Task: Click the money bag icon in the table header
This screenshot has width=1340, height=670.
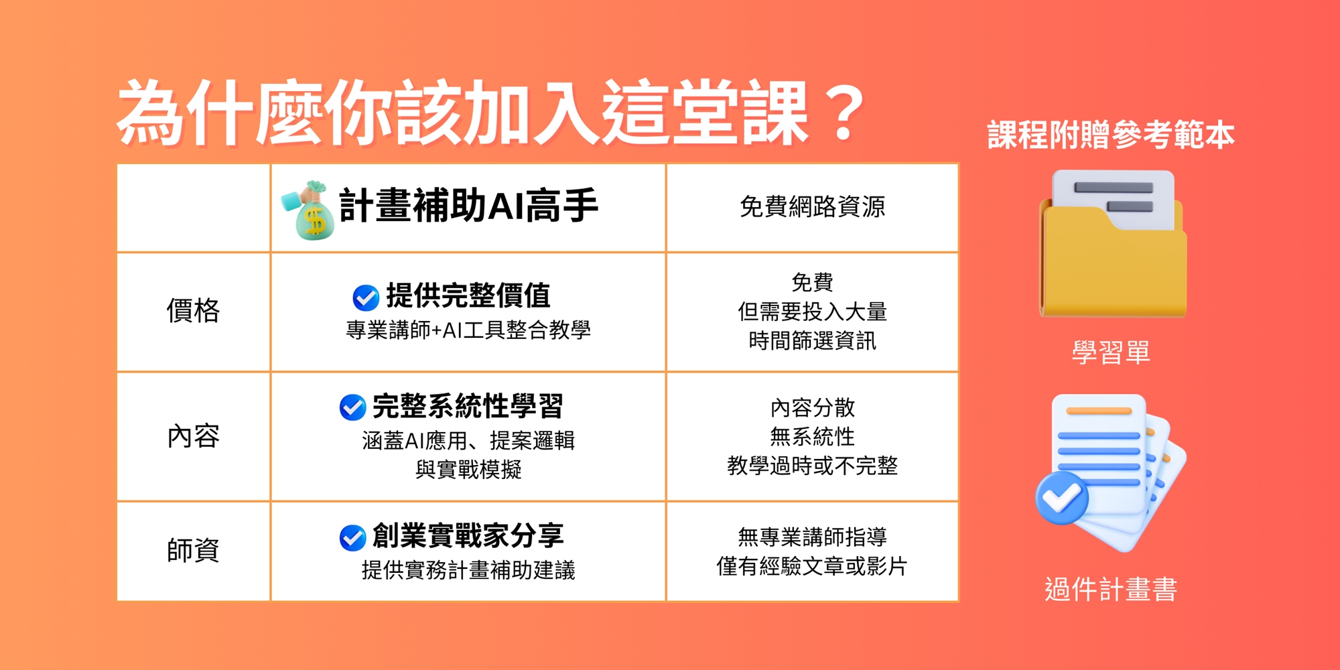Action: pos(308,210)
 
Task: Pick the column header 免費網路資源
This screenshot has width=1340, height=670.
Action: pos(812,206)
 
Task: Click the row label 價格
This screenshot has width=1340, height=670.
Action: pos(193,311)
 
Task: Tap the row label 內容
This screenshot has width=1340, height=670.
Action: pos(193,436)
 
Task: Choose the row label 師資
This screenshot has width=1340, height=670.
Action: pos(193,550)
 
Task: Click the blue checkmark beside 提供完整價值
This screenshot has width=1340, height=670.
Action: pos(366,297)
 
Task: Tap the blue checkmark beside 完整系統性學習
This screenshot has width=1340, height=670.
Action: pos(352,407)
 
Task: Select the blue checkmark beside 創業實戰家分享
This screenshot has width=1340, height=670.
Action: pos(352,537)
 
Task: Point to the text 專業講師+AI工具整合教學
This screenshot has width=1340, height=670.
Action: pos(468,330)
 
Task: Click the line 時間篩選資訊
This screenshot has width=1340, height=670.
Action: pos(812,341)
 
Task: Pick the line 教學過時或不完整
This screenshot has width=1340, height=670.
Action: pos(812,466)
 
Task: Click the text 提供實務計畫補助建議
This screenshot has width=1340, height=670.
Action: pos(468,570)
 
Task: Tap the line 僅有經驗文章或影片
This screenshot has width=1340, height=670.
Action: pos(812,566)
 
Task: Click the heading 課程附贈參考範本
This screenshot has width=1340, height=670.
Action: pos(1111,135)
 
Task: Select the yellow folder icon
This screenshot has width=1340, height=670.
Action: pos(1113,244)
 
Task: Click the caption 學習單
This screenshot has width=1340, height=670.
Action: pos(1111,352)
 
